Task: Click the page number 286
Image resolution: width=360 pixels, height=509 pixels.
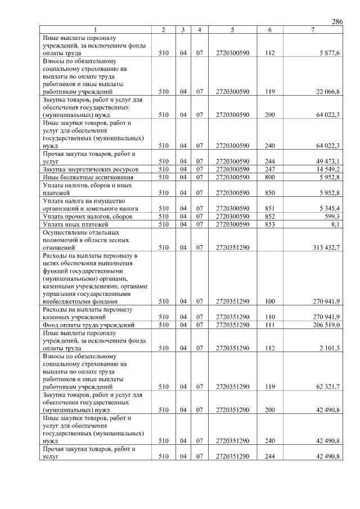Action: [x=337, y=21]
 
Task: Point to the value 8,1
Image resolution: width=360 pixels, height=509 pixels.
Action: [x=335, y=224]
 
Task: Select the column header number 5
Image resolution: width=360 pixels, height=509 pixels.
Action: [x=232, y=29]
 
